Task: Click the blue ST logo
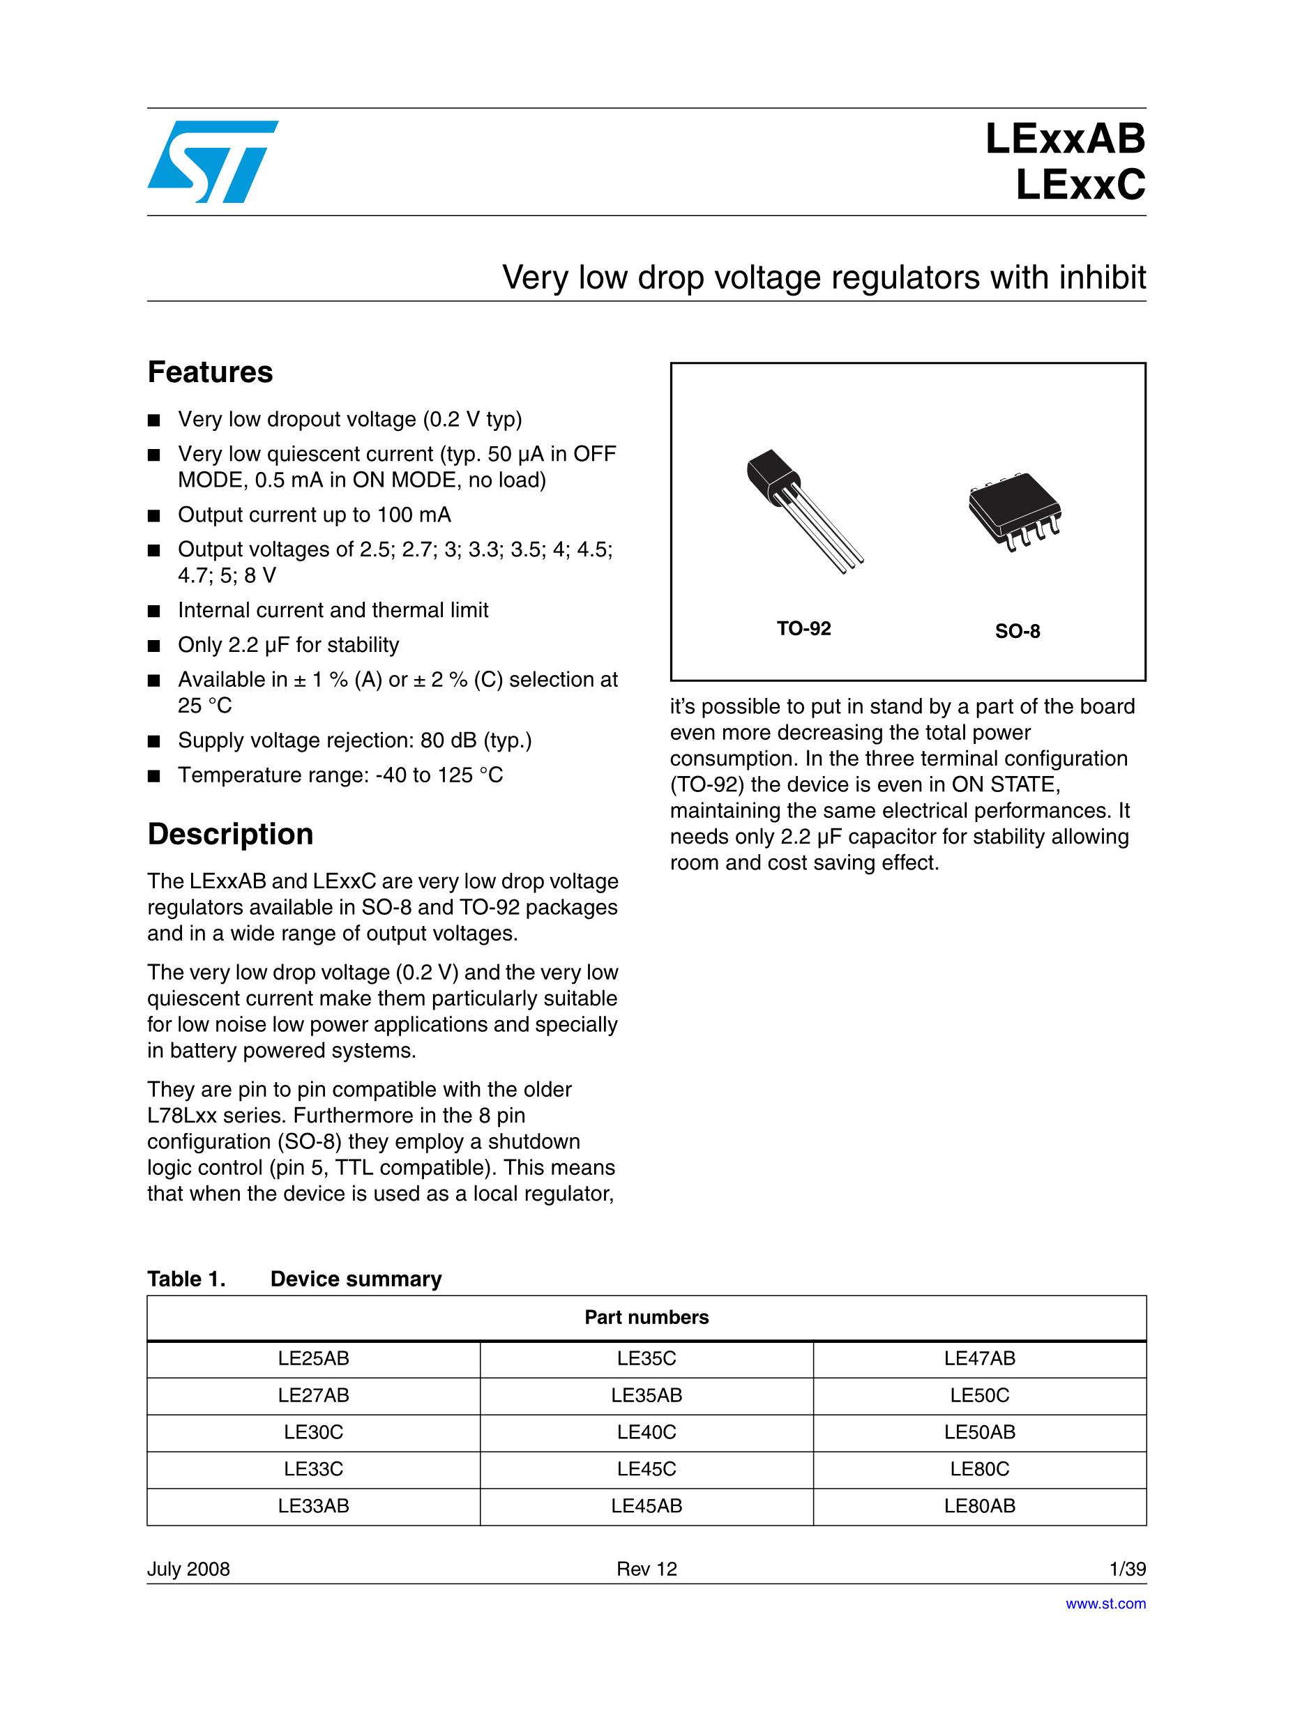212,162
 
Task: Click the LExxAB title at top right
1064,141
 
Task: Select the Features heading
210,373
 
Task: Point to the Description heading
230,834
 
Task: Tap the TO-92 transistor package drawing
803,510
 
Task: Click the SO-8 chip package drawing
1015,511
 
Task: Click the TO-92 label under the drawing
803,629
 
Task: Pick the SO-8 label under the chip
1017,632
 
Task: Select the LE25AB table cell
313,1358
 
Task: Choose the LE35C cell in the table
646,1358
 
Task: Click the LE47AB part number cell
980,1358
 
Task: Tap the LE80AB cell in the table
980,1506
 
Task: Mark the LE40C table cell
646,1432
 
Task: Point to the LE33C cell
313,1468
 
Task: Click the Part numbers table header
646,1317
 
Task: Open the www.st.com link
1105,1604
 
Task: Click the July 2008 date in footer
189,1569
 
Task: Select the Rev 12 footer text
646,1569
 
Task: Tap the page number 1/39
1128,1569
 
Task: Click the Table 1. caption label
186,1279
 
